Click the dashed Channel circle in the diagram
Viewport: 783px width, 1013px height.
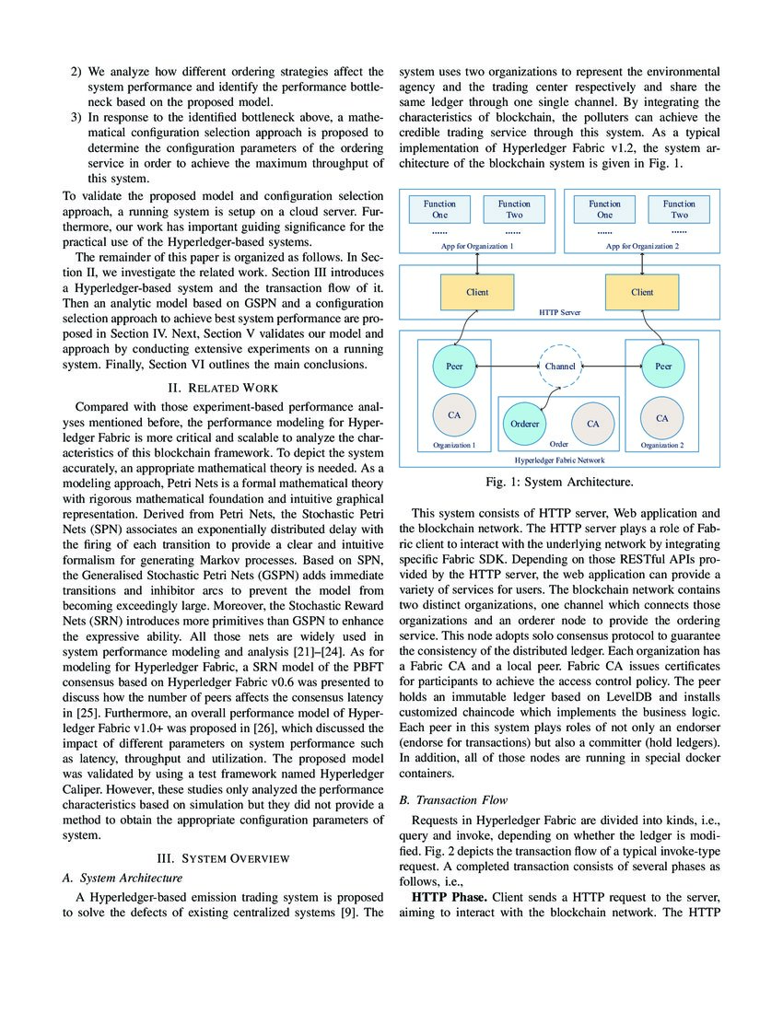pyautogui.click(x=559, y=366)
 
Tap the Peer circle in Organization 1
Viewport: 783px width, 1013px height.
pyautogui.click(x=454, y=366)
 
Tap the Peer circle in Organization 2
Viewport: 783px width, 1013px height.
pyautogui.click(x=662, y=366)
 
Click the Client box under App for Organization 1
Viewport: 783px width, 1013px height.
pyautogui.click(x=477, y=293)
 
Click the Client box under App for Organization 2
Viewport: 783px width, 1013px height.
pyautogui.click(x=642, y=293)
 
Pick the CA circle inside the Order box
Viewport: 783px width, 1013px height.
pyautogui.click(x=592, y=423)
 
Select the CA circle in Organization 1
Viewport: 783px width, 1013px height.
pyautogui.click(x=454, y=416)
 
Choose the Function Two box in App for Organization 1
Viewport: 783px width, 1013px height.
pyautogui.click(x=514, y=209)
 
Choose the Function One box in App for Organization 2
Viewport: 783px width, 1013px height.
pyautogui.click(x=605, y=209)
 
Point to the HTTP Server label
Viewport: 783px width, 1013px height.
pyautogui.click(x=560, y=313)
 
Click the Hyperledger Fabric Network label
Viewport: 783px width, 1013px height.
pyautogui.click(x=559, y=458)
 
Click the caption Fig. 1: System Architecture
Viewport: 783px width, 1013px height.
pyautogui.click(x=559, y=481)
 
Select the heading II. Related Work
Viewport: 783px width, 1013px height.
pyautogui.click(x=222, y=388)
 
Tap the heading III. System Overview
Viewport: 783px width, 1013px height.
pyautogui.click(x=222, y=858)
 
